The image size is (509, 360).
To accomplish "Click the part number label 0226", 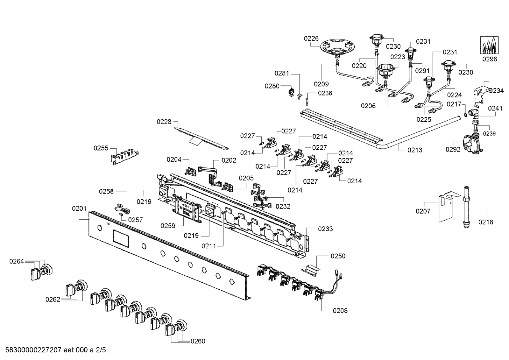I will [311, 39].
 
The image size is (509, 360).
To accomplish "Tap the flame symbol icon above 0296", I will [489, 45].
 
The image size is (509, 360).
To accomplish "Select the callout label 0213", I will [415, 150].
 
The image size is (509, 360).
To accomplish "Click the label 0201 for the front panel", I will [79, 208].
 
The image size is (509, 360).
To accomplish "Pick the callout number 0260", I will [198, 341].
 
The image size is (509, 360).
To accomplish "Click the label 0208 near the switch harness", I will [340, 311].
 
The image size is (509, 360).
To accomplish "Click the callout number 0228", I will [164, 122].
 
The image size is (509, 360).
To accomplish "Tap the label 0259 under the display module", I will [168, 226].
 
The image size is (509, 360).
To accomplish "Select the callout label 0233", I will [325, 229].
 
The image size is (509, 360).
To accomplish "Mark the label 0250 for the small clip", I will [338, 256].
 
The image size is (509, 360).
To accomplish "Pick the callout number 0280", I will [272, 86].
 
